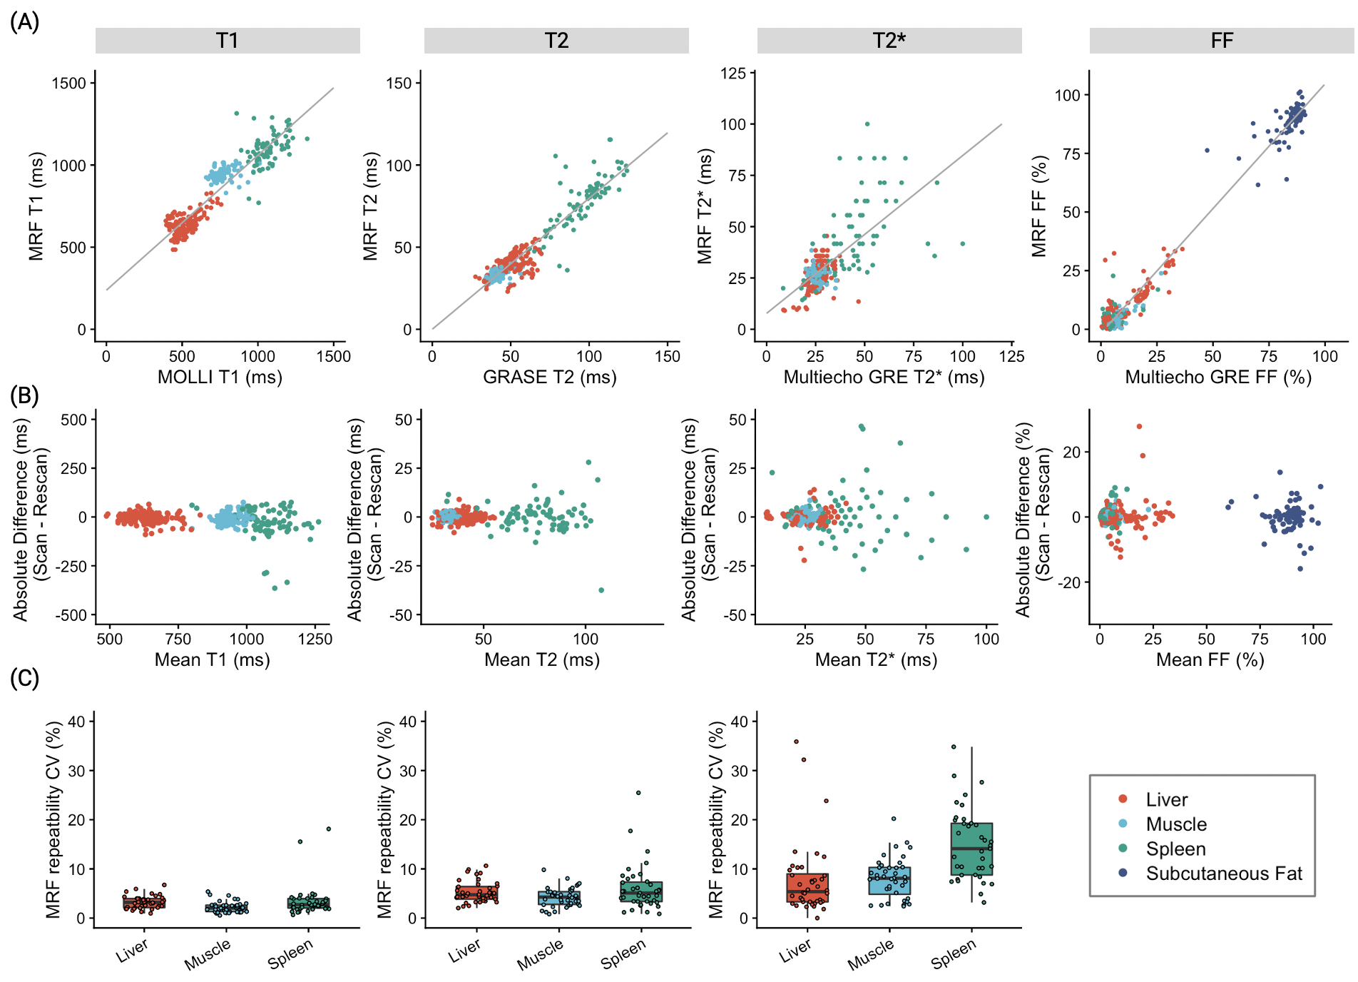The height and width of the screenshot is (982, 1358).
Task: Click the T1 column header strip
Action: coord(228,41)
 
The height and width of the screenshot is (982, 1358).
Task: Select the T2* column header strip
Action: coord(889,41)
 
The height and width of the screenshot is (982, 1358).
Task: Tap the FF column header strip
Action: coord(1221,41)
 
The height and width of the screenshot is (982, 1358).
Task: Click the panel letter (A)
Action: coord(24,22)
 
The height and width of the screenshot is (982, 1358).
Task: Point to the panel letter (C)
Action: coord(24,678)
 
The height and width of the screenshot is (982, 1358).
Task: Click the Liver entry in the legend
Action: coord(1166,800)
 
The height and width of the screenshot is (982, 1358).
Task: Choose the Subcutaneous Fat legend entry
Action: coord(1223,874)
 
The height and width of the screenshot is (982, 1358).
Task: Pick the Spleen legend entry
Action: coord(1175,849)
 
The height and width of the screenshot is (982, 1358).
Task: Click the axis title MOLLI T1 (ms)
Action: coord(220,377)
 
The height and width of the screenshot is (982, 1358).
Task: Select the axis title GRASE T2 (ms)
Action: coord(549,377)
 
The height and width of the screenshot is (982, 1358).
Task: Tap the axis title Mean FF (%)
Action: coord(1210,659)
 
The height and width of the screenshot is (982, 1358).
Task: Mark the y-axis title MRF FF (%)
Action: coord(1039,206)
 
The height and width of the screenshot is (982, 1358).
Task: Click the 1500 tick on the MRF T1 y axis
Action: coord(68,83)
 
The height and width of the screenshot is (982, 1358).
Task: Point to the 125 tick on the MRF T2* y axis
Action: coord(733,74)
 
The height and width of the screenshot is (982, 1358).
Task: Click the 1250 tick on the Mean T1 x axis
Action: coord(315,639)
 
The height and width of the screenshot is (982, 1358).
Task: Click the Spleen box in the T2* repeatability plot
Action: coord(971,849)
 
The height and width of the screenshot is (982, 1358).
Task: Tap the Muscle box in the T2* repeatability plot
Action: coord(889,881)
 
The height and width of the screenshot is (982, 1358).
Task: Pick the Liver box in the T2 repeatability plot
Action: coord(476,894)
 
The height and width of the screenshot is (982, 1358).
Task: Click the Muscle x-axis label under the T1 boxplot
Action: coord(208,954)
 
